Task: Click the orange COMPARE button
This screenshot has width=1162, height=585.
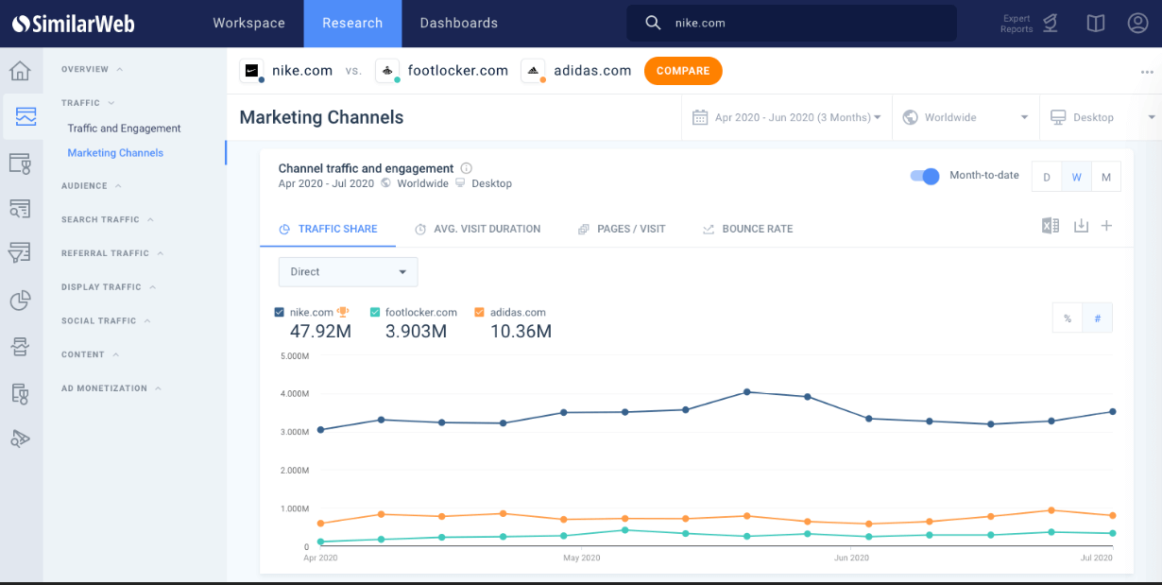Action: click(x=683, y=71)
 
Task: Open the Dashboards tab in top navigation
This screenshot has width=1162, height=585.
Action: click(x=458, y=23)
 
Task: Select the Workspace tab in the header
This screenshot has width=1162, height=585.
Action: click(x=248, y=23)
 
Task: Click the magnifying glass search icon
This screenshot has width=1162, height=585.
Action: click(x=653, y=23)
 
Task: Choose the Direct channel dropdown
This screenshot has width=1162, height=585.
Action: click(x=348, y=272)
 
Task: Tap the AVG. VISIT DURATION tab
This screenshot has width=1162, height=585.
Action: click(x=478, y=229)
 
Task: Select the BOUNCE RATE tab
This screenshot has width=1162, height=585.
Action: click(x=747, y=229)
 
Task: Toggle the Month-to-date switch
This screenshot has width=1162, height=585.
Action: click(x=924, y=176)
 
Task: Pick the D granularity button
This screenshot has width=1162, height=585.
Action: click(x=1047, y=178)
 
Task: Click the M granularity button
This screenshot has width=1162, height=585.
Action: click(x=1105, y=178)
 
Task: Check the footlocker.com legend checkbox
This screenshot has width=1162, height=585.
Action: click(x=375, y=313)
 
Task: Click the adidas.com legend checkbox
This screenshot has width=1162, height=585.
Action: click(x=479, y=313)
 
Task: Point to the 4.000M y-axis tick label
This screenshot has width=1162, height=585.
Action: click(x=294, y=394)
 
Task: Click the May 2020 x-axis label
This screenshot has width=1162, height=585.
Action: click(x=582, y=559)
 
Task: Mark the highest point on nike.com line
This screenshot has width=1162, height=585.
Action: click(x=746, y=391)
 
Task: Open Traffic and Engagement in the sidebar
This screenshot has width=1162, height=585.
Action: click(x=124, y=129)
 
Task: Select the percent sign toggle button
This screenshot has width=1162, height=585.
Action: click(x=1068, y=318)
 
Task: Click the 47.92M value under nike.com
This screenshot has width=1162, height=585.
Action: click(x=320, y=332)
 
